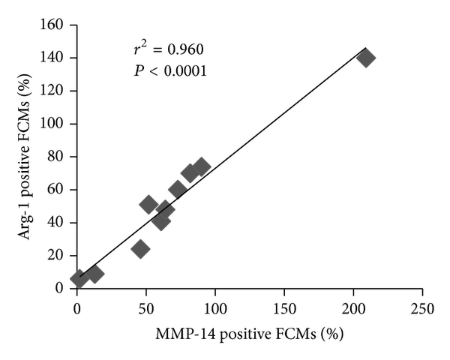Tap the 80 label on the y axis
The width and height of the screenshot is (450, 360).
click(x=59, y=157)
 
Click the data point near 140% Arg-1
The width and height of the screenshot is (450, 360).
click(x=366, y=58)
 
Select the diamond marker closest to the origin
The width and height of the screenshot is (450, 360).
click(x=79, y=279)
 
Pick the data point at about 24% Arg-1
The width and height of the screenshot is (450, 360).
click(x=140, y=249)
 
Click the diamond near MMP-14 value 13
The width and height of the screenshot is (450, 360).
click(x=94, y=274)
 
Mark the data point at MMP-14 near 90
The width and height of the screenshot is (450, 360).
click(x=201, y=166)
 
